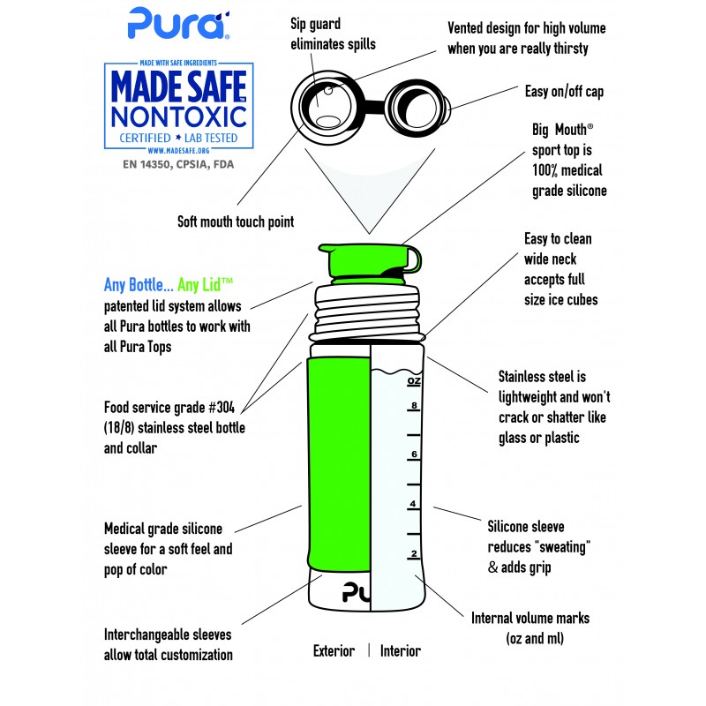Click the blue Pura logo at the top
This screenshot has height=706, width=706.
point(179,24)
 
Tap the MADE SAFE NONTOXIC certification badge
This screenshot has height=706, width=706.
point(179,106)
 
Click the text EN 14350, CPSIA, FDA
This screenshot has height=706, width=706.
point(178,164)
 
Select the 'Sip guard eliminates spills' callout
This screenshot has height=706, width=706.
point(333,34)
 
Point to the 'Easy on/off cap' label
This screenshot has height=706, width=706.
point(564,92)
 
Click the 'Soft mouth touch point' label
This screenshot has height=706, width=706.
point(236,222)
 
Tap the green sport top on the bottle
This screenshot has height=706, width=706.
point(370,260)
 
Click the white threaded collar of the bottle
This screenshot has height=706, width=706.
point(367,313)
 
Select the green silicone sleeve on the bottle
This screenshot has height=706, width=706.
point(339,462)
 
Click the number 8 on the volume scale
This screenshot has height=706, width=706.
point(414,405)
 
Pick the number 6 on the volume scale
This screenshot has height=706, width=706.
point(414,454)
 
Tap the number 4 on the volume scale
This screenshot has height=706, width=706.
point(413,504)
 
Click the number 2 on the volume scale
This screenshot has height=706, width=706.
point(414,553)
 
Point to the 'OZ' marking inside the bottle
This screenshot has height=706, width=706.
point(414,381)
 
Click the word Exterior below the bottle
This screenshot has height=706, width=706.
point(334,650)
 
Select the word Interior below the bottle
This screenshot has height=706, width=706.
point(401,650)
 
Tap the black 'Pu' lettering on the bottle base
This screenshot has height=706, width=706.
point(357,592)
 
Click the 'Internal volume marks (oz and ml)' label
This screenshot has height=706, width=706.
point(530,628)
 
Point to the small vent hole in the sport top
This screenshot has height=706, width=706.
point(328,91)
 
